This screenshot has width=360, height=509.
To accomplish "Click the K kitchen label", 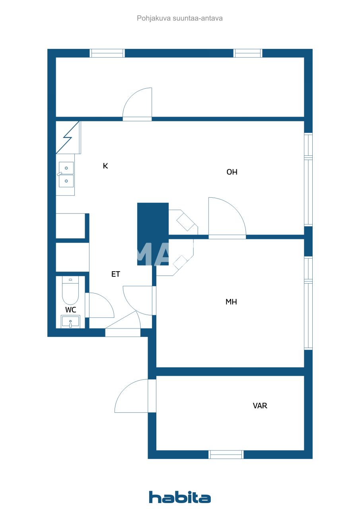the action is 105,166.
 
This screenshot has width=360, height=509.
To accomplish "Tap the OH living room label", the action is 232,172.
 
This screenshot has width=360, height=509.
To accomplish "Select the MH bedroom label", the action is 231,302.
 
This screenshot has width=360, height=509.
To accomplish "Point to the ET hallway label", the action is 115,274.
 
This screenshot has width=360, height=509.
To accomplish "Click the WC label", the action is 70,310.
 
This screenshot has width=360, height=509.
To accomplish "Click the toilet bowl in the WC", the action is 70,291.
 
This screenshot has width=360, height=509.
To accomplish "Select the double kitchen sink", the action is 66,175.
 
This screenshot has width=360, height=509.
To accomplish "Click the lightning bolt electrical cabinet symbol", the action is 68,138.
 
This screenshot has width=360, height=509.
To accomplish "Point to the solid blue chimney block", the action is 153,234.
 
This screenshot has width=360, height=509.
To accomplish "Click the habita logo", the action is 180,497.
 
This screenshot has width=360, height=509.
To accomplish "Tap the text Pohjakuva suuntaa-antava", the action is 179,18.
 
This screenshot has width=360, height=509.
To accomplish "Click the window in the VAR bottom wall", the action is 226,455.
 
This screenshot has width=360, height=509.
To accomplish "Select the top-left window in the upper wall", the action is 107,53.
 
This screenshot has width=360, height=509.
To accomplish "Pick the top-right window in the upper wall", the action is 248,53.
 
